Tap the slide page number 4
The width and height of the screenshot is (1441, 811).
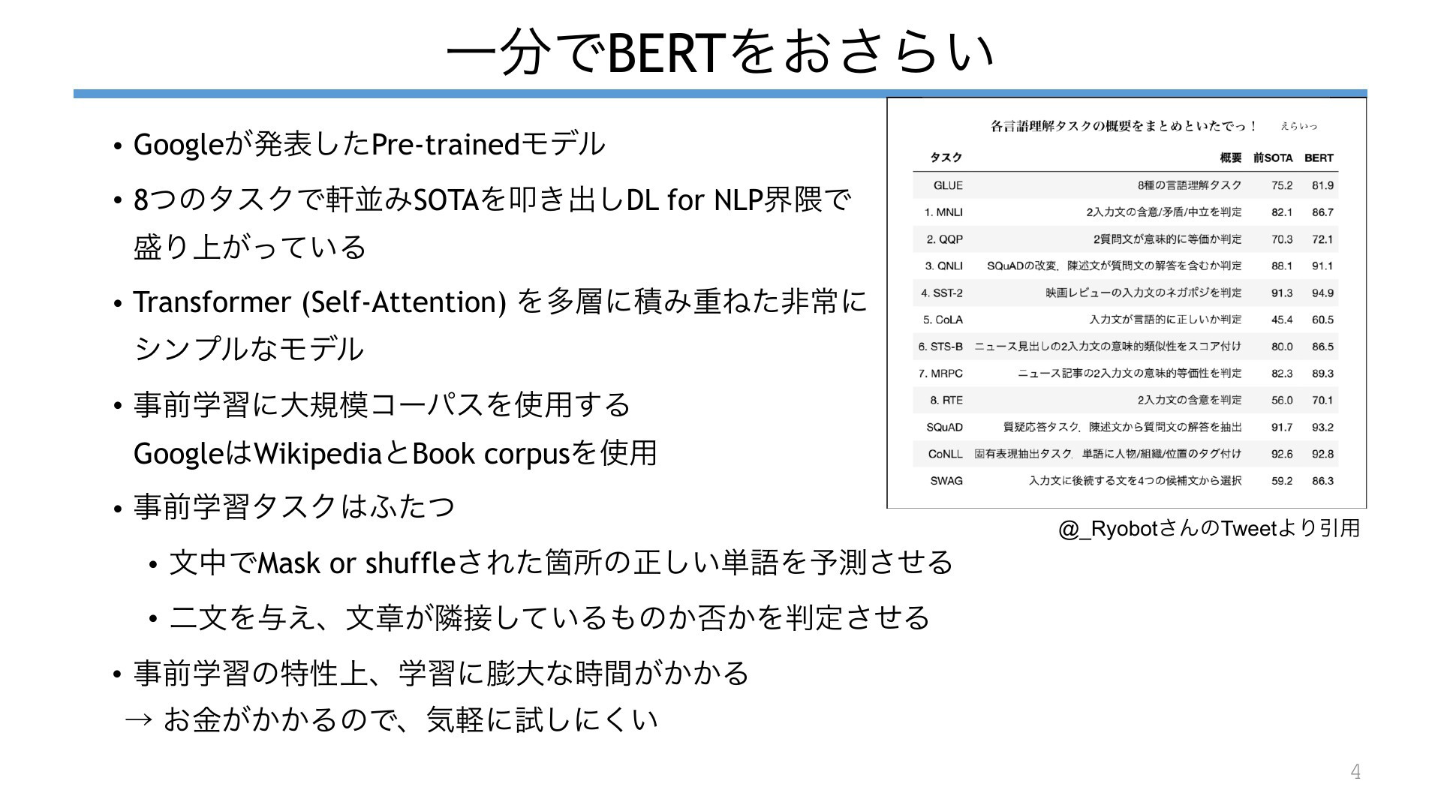(x=1355, y=771)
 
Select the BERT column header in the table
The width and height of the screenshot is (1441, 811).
(x=1319, y=158)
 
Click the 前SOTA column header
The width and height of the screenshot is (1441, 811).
(x=1273, y=158)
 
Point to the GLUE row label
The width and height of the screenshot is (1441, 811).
(x=948, y=185)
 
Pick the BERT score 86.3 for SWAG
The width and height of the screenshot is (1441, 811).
(x=1322, y=481)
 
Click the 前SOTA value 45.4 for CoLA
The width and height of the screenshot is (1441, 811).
(x=1282, y=320)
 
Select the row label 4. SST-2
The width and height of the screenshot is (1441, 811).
(x=942, y=293)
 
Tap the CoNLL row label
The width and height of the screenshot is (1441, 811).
(x=945, y=454)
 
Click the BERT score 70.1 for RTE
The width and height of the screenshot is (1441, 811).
(x=1322, y=400)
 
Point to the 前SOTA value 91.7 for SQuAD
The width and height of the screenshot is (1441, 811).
(x=1282, y=427)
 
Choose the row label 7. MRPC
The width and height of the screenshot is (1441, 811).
(x=940, y=373)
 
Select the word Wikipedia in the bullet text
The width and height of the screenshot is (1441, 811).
(x=318, y=454)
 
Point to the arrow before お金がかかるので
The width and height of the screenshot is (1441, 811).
(x=139, y=720)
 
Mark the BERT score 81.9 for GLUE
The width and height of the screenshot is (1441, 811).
(x=1322, y=185)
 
